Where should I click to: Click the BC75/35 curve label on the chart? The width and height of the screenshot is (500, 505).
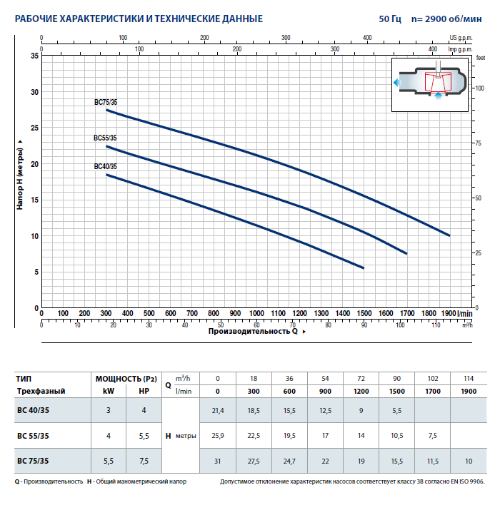106,103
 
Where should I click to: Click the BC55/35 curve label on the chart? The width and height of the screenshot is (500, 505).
105,138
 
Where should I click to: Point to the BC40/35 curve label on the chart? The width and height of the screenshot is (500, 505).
105,167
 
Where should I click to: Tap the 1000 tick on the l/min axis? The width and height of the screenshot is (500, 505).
256,313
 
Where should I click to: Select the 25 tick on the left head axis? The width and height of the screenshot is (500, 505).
36,128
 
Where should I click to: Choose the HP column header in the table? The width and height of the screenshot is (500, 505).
144,392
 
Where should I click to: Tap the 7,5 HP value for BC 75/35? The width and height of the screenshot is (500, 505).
144,460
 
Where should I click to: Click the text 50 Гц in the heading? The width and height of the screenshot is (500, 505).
391,19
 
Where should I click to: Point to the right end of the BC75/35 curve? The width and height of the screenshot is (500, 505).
449,235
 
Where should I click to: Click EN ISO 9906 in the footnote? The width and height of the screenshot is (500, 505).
464,482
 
